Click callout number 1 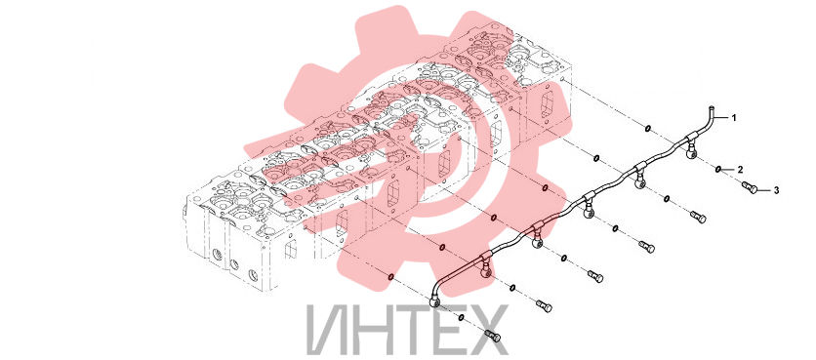pos(734,118)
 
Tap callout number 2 pos(740,170)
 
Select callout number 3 pos(776,191)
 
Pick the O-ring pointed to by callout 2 pos(718,169)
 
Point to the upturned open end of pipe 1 pos(712,107)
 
